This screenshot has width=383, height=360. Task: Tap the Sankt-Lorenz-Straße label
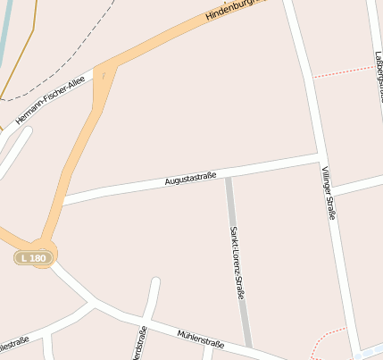pos(237,260)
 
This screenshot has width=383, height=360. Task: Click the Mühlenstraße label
pos(200,338)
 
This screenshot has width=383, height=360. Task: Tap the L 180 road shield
pos(34,257)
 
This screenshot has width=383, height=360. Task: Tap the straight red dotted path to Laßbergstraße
pos(344,71)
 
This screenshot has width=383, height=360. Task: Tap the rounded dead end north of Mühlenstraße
pos(154,285)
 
